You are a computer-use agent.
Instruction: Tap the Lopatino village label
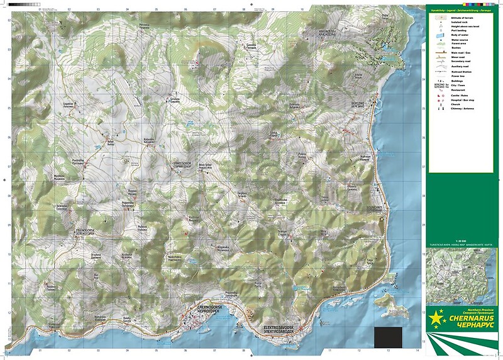point(69,105)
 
